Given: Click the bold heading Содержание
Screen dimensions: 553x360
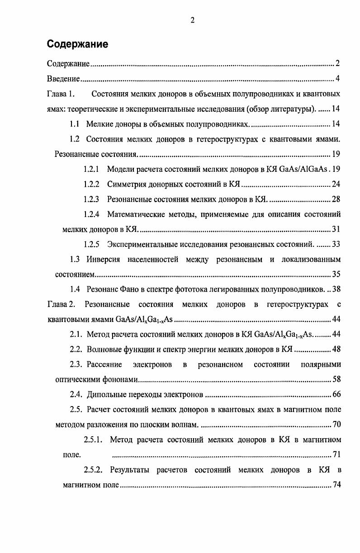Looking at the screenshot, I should tap(77, 44).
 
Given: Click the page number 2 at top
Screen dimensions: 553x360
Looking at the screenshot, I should tap(192, 20).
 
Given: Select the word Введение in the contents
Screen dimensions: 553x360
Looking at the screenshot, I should tap(63, 80).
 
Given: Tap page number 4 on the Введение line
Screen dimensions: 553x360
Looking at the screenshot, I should tap(337, 80).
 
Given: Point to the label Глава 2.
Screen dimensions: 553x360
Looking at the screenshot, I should tap(60, 304).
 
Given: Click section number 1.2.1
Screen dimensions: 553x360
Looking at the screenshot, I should tap(91, 170).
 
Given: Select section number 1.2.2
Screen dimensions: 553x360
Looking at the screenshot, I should tap(91, 184).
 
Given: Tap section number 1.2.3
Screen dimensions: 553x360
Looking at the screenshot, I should tap(91, 199).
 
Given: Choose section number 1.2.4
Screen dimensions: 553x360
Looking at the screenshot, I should tap(91, 214).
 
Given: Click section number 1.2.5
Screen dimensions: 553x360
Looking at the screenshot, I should tap(91, 245).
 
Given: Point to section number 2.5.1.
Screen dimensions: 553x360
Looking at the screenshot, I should tap(94, 440).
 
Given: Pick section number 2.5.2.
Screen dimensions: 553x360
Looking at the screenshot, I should tap(94, 470).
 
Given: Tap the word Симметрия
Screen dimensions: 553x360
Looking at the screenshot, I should tap(128, 184).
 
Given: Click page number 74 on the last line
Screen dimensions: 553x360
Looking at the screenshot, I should tap(336, 485).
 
